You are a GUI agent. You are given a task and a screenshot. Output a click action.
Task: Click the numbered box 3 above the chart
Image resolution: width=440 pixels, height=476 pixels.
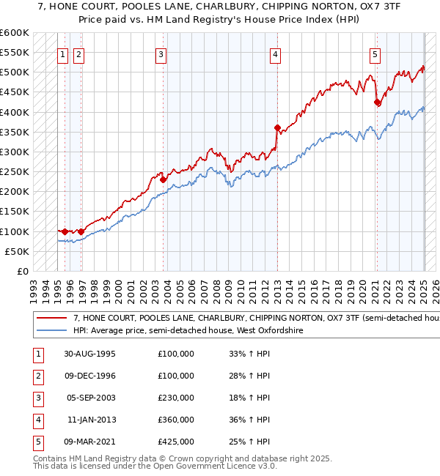(x=161, y=53)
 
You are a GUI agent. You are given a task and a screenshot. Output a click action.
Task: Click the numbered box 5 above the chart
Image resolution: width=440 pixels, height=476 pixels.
(x=375, y=53)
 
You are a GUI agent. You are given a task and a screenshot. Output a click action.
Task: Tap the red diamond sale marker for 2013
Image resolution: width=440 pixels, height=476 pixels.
(x=278, y=127)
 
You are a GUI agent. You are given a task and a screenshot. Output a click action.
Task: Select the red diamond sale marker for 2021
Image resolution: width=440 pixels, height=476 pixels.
(x=377, y=102)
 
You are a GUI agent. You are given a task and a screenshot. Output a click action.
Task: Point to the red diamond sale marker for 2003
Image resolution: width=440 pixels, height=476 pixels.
(x=164, y=179)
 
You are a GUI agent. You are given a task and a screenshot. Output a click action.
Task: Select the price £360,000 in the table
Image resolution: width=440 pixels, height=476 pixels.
(x=176, y=420)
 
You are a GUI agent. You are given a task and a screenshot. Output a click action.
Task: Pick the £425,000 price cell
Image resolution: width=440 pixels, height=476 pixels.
(x=176, y=442)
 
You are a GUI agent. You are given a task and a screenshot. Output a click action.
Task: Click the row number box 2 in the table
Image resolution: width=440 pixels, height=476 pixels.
(x=37, y=376)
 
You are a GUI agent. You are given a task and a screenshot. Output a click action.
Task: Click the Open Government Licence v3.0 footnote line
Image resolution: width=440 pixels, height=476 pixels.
(x=145, y=466)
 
